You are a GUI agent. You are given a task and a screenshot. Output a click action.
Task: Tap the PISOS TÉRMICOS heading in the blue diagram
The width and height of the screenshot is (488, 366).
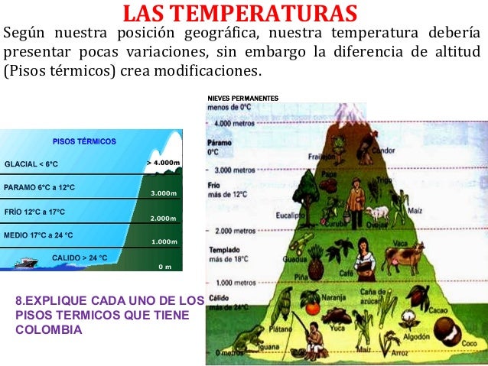tap(84, 141)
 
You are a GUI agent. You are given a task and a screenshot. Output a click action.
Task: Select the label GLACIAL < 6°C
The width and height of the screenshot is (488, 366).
tap(31, 164)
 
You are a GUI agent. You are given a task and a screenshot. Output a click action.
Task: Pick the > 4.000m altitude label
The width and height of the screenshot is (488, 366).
tap(163, 162)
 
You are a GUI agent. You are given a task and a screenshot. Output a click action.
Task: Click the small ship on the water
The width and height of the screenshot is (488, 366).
tap(25, 262)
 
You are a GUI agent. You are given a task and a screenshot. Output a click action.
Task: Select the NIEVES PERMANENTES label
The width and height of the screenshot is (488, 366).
tap(243, 98)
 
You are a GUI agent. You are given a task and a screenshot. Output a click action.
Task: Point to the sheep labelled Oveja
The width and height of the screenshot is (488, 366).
tap(377, 213)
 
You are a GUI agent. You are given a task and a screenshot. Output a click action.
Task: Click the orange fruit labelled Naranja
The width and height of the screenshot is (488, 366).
tap(314, 308)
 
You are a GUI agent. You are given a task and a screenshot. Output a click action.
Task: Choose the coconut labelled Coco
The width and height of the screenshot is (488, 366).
tap(447, 333)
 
